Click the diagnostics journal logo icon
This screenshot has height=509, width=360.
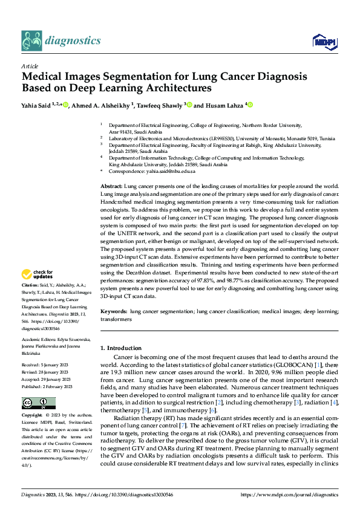tap(31, 41)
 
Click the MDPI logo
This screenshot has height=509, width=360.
tap(322, 41)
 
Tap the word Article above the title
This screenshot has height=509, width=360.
tap(30, 66)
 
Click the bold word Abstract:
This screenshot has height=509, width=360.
tap(111, 186)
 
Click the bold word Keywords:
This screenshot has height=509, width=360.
tap(114, 311)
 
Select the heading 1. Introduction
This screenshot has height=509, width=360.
tap(121, 348)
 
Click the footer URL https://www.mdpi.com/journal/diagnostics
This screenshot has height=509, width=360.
tap(289, 495)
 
